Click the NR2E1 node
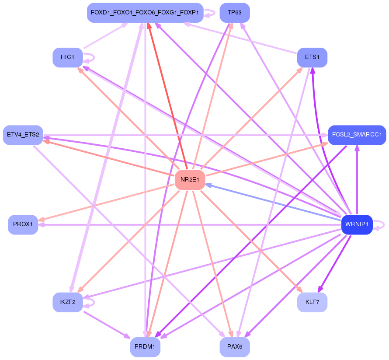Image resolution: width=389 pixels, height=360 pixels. (190, 180)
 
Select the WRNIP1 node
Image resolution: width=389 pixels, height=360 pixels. (357, 224)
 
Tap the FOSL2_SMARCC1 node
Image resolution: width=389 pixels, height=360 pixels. (357, 135)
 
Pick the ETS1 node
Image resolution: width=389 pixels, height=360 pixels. (312, 57)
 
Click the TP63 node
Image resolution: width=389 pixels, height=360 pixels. (235, 13)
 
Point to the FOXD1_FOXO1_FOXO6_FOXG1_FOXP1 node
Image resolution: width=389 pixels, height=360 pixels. (145, 13)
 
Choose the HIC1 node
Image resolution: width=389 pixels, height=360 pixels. (67, 57)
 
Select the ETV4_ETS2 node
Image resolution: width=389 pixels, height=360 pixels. (23, 135)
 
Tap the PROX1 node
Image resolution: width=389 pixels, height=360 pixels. (23, 224)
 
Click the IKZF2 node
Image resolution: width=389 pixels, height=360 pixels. (67, 302)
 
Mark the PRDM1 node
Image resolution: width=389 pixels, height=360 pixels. (145, 347)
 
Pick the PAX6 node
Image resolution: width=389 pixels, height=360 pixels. (235, 347)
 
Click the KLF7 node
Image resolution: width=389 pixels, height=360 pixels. (312, 302)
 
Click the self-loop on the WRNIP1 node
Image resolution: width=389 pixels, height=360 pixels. (379, 225)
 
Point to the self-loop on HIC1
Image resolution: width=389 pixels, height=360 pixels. (89, 58)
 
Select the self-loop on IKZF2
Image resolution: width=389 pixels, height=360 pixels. (89, 303)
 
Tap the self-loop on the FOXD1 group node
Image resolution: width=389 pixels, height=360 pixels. (210, 13)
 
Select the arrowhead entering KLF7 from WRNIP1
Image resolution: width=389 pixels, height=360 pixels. (320, 290)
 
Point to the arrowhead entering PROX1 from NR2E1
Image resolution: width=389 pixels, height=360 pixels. (41, 219)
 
